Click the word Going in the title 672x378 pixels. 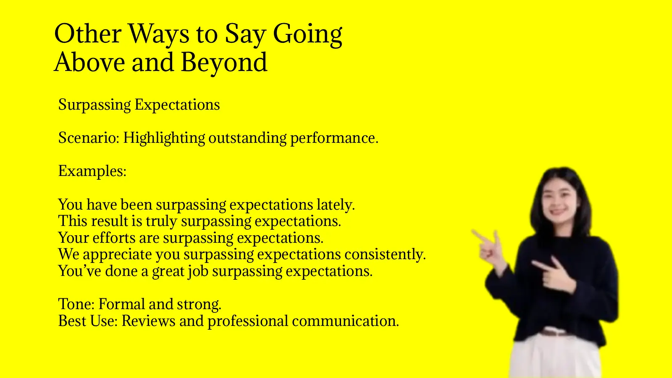click(307, 34)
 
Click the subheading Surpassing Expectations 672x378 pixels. click(139, 105)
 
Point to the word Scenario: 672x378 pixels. click(89, 138)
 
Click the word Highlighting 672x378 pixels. click(164, 138)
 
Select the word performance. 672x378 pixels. click(334, 138)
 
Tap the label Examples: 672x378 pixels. click(92, 171)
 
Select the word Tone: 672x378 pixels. click(76, 304)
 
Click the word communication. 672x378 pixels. click(345, 321)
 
